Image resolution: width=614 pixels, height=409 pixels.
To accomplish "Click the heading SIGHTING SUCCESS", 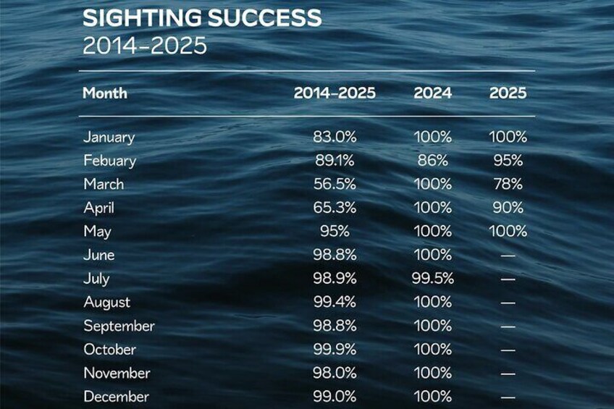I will [201, 18].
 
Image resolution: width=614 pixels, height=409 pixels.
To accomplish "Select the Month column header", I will [105, 93].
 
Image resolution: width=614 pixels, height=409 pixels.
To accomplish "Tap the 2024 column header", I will [433, 93].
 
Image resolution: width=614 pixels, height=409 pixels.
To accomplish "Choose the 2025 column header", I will [508, 93].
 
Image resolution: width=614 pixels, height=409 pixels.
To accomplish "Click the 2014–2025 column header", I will [335, 93].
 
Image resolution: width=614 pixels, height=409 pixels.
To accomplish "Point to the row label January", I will [109, 137].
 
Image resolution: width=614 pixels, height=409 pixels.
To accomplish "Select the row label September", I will [119, 326].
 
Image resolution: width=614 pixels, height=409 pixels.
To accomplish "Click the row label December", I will [117, 397].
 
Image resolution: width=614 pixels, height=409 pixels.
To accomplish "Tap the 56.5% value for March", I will [335, 184].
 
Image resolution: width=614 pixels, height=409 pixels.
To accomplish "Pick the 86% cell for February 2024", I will [433, 161].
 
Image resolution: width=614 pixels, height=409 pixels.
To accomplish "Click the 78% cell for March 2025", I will [508, 184].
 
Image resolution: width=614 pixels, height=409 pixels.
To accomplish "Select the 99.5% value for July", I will [433, 279].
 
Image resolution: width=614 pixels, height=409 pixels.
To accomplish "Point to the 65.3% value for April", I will [335, 208].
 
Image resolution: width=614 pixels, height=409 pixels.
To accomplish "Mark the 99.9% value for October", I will [335, 350].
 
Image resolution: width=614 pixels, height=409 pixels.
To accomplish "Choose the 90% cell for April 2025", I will [508, 208].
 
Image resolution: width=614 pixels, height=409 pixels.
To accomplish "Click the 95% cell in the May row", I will [335, 232].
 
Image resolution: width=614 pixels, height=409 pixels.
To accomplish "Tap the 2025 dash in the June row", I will [508, 256].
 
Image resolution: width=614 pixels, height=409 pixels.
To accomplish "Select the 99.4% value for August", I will [335, 303].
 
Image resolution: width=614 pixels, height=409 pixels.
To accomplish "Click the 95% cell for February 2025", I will [508, 161].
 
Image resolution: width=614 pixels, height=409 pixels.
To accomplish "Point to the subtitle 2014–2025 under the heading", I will [145, 46].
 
